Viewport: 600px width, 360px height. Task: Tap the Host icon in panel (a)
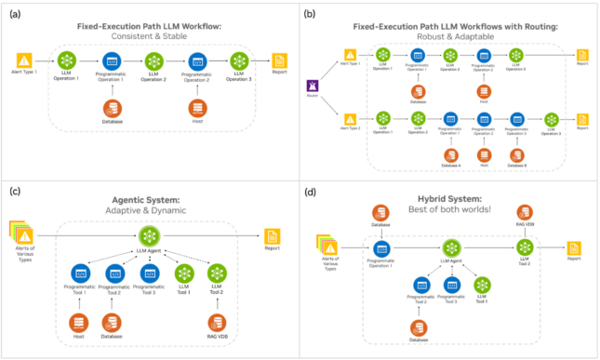196,107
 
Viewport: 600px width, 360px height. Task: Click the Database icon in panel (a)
112,107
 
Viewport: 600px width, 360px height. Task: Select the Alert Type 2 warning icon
351,119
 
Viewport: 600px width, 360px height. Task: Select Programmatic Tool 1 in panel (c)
79,274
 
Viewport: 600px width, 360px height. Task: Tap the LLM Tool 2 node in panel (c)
218,274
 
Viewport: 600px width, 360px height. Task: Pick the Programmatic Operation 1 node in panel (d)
380,248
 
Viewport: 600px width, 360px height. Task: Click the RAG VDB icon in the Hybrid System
524,212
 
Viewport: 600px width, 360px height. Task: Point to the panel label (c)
13,191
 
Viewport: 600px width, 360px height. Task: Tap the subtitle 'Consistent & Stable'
150,34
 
